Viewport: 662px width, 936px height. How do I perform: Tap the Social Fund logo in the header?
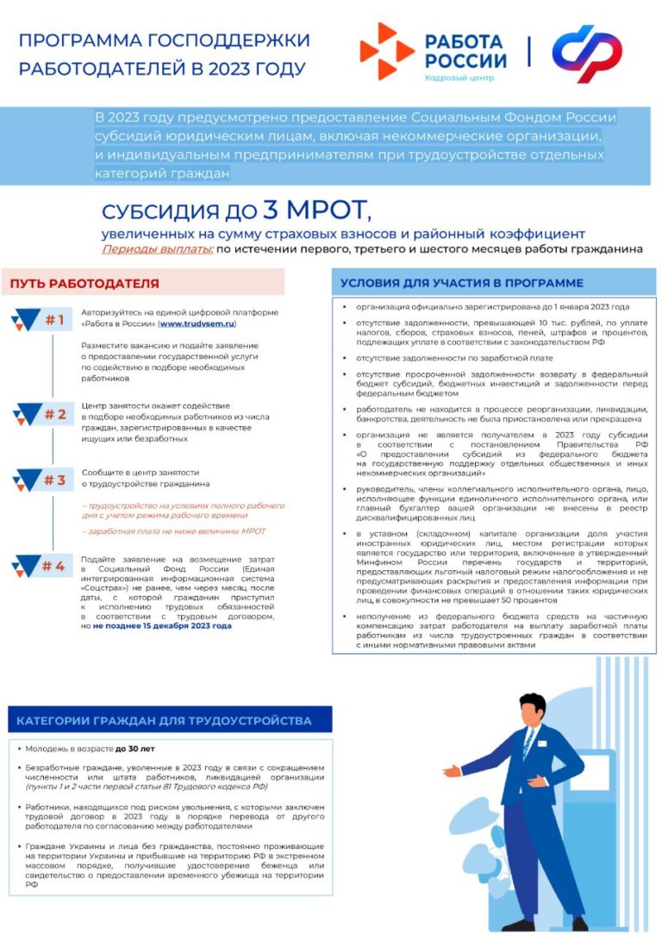(586, 53)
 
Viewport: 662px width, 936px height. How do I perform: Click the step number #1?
(54, 321)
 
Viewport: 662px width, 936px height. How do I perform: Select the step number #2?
(54, 415)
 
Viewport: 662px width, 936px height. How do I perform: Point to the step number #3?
(54, 481)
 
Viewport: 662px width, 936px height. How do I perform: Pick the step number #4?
(53, 567)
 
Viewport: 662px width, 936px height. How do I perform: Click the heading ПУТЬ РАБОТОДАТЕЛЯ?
(85, 283)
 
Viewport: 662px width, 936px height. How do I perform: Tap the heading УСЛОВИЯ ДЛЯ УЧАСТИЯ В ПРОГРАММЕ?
(461, 283)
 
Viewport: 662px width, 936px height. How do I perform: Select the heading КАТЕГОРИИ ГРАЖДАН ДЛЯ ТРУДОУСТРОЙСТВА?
(164, 720)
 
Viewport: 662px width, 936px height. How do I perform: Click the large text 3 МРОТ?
(315, 210)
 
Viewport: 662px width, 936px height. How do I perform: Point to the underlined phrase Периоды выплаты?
(157, 250)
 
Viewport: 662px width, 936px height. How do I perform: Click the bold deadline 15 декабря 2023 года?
(163, 626)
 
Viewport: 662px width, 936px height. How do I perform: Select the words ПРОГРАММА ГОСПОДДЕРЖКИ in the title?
(165, 41)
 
